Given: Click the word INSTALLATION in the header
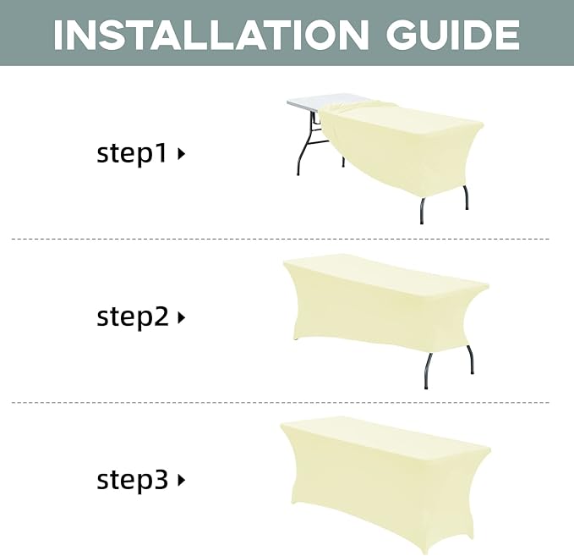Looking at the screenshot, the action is tap(211, 35).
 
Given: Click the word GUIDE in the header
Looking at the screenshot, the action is tap(452, 35).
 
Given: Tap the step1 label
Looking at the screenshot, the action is tap(132, 153).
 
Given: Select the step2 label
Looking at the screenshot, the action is tap(132, 317).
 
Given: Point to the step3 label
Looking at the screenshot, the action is tap(132, 480).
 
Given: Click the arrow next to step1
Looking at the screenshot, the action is tap(181, 154).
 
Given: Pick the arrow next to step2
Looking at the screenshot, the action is tap(181, 317).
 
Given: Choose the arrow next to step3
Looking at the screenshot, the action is tap(181, 480).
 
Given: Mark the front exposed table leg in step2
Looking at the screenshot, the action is tap(427, 371).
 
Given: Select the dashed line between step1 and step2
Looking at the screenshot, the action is tap(281, 239).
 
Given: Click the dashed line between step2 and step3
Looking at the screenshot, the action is tap(281, 403).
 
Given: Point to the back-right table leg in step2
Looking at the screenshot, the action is tap(470, 359).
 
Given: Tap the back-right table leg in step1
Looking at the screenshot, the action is tap(466, 197).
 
